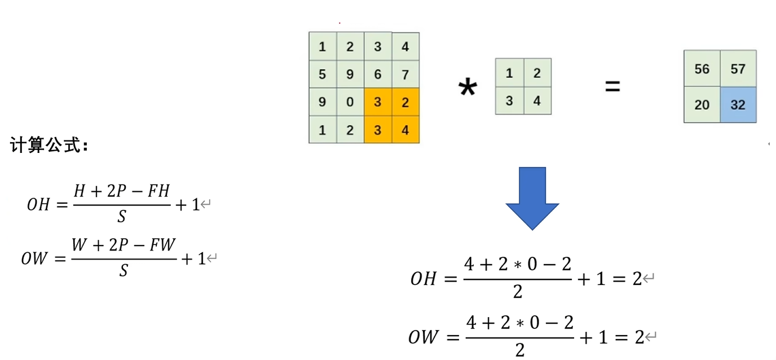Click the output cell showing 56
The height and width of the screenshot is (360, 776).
(x=702, y=69)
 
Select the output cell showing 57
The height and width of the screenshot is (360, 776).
(x=738, y=69)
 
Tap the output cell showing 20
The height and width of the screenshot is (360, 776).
(x=702, y=104)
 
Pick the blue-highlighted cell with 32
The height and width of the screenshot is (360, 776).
(x=738, y=104)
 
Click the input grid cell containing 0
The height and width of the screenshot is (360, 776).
(x=350, y=102)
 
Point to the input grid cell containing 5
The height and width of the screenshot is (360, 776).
(x=322, y=74)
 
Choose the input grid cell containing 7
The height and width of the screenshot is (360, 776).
(x=405, y=74)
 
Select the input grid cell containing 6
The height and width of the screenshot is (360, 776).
(x=377, y=74)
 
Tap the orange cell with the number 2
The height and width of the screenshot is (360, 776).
(x=405, y=102)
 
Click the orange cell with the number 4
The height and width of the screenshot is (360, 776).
(x=405, y=130)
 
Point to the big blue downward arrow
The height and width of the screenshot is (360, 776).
(x=532, y=197)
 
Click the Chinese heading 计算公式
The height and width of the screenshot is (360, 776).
(x=49, y=146)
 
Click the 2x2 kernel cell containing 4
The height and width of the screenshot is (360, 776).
(x=537, y=101)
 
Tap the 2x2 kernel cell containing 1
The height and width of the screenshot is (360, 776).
(x=509, y=73)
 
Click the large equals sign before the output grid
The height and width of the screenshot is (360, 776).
(x=612, y=87)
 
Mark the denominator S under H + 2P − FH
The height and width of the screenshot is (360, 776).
(x=121, y=217)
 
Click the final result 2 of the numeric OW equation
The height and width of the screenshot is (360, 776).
(x=639, y=337)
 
